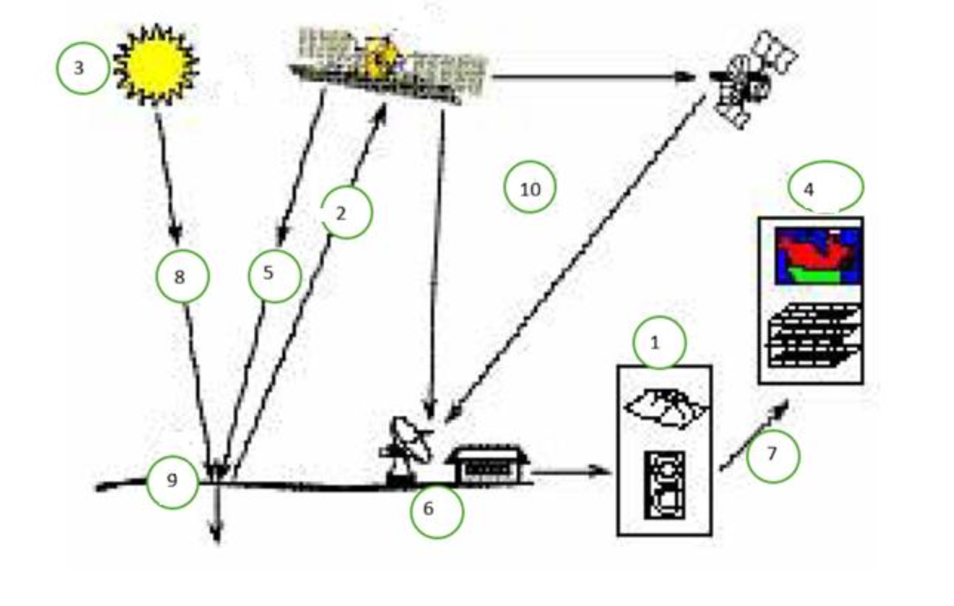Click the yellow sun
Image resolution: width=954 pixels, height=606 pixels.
[156, 65]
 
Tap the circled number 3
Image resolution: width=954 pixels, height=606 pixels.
[82, 68]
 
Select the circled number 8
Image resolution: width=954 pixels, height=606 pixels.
[183, 276]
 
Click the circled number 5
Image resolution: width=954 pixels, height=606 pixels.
[275, 276]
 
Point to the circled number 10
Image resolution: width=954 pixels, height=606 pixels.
[530, 187]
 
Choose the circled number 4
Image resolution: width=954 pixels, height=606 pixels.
[826, 187]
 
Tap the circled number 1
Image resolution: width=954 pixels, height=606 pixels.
[660, 343]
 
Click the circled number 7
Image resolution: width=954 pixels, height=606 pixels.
[773, 456]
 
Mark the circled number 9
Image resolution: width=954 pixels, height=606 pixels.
[172, 483]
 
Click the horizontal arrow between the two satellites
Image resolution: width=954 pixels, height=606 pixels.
[593, 77]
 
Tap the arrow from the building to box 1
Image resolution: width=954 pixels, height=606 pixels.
[571, 471]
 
